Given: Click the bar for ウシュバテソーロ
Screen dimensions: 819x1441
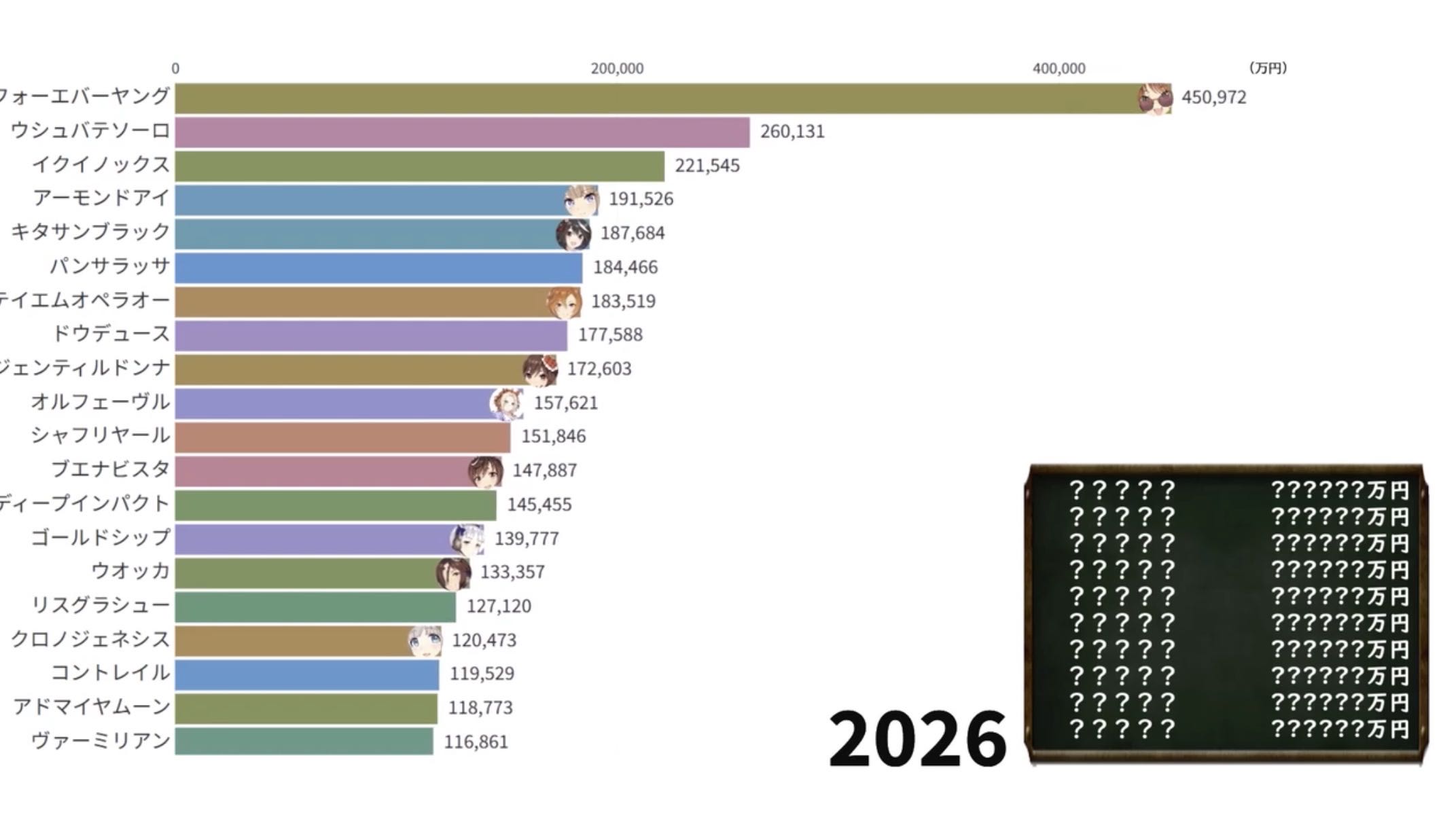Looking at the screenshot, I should coord(462,132).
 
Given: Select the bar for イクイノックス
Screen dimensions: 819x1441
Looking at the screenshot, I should coord(419,166).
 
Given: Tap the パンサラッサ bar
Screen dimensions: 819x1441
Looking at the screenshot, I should coord(378,268).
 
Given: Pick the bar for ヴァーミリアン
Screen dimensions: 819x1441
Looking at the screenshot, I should coord(304,741).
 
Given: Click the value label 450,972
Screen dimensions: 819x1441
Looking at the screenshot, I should coord(1213,98).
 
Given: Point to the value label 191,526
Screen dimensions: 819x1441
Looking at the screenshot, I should coord(641,199).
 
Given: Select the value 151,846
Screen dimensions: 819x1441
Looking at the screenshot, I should coord(553,436).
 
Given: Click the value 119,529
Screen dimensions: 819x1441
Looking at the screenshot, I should coord(482,674).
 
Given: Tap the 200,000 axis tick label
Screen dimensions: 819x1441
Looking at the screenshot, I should coord(617,69).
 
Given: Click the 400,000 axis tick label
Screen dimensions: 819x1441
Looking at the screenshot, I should coord(1058,69).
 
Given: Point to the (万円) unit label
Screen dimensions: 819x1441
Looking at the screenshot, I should coord(1268,68).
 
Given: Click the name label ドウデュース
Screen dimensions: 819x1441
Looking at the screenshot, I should coord(111,334).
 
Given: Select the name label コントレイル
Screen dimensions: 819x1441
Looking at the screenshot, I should coord(110,673).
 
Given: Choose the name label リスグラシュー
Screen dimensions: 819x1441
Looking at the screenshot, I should coord(101,605).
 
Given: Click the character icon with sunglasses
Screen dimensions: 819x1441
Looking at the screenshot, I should coord(1155,99).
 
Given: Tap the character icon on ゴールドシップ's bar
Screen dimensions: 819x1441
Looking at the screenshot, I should coord(467,539).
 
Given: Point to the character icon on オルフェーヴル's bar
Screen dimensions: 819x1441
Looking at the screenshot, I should coord(507,404).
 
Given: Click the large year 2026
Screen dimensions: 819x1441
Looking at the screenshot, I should coord(917,738).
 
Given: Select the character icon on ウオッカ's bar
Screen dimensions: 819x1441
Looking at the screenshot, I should coord(454,573).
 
